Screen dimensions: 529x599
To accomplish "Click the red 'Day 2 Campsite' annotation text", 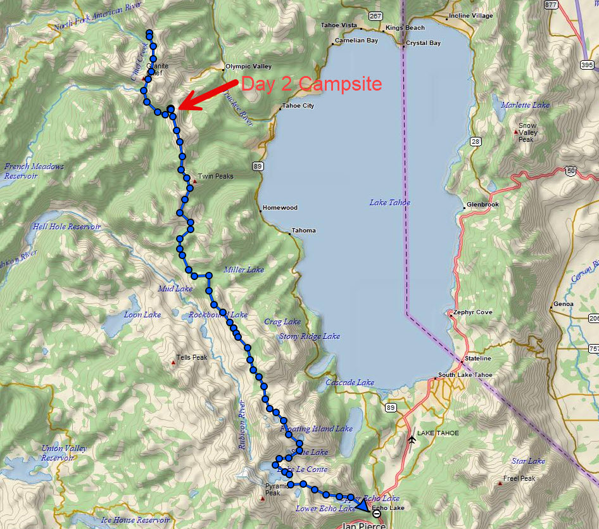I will [x=311, y=84].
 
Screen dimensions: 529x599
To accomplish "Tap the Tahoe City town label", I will [x=298, y=106].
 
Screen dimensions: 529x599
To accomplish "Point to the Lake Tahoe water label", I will [x=389, y=203].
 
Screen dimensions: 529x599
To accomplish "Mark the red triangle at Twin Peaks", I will [x=195, y=182].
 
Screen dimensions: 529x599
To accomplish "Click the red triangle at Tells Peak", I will [x=173, y=363].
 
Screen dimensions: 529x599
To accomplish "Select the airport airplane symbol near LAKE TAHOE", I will [x=412, y=438].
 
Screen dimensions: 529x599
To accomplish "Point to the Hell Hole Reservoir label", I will [x=66, y=227].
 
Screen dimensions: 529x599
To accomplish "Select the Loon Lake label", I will [x=142, y=315].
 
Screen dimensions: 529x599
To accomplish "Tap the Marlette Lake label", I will [x=525, y=105].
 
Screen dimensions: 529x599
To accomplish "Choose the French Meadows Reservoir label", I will [x=34, y=171].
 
